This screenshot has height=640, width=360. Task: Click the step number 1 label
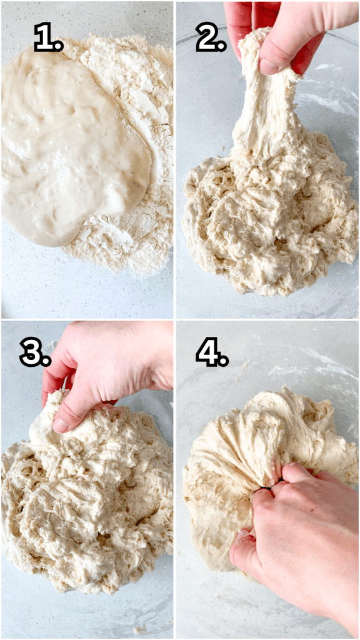(48, 39)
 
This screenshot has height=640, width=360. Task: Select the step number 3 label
(35, 354)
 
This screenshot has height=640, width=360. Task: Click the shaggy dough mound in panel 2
(269, 231)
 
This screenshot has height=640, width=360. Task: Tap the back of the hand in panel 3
(119, 362)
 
